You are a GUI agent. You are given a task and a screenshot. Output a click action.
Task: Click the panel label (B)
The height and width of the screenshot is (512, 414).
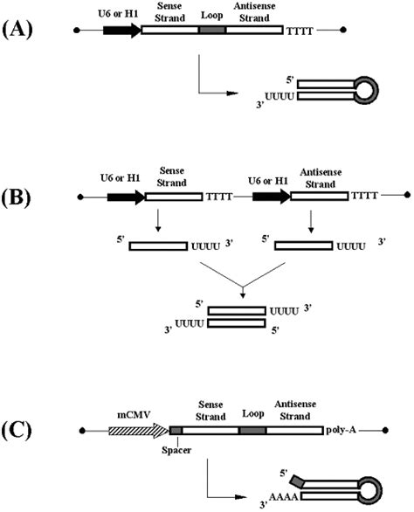point(21,211)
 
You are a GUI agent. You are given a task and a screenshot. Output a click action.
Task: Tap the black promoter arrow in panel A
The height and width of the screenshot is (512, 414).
point(121,30)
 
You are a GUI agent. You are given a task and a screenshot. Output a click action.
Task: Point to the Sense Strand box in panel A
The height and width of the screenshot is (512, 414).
point(169,30)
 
